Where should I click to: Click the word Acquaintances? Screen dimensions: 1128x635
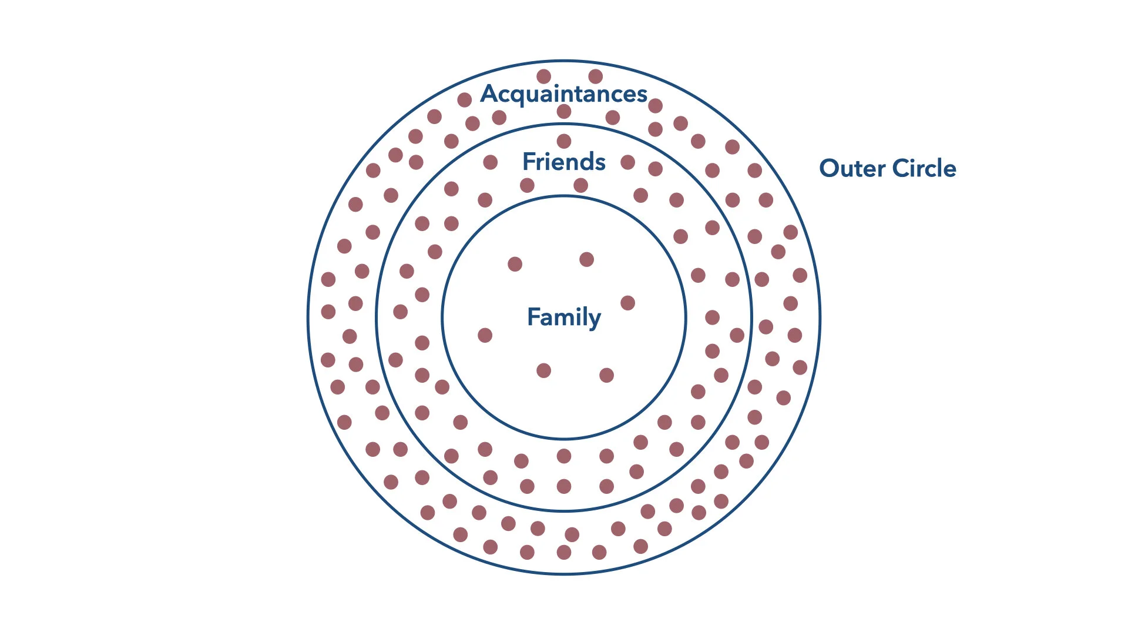(564, 94)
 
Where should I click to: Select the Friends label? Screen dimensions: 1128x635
(564, 162)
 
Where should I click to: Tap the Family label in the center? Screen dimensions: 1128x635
(564, 317)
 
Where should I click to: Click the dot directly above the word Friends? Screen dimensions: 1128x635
(564, 141)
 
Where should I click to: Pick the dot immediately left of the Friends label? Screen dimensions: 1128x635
(491, 162)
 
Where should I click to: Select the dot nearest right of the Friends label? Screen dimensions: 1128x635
(627, 162)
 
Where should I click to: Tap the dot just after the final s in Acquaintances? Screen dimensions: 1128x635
(655, 106)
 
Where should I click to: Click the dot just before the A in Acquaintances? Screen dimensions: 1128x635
(465, 100)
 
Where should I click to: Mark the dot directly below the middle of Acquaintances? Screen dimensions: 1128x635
(564, 112)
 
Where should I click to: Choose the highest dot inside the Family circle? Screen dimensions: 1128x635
(586, 259)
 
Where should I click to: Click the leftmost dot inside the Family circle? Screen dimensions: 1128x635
(485, 335)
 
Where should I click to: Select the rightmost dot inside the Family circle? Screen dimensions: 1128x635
(627, 303)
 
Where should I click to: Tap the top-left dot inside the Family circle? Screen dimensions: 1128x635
(515, 264)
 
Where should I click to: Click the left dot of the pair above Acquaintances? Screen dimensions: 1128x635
(544, 76)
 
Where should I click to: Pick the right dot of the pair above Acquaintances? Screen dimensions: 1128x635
(595, 76)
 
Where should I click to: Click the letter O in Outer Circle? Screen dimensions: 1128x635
(830, 168)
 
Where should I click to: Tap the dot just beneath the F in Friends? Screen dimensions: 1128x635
(527, 186)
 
